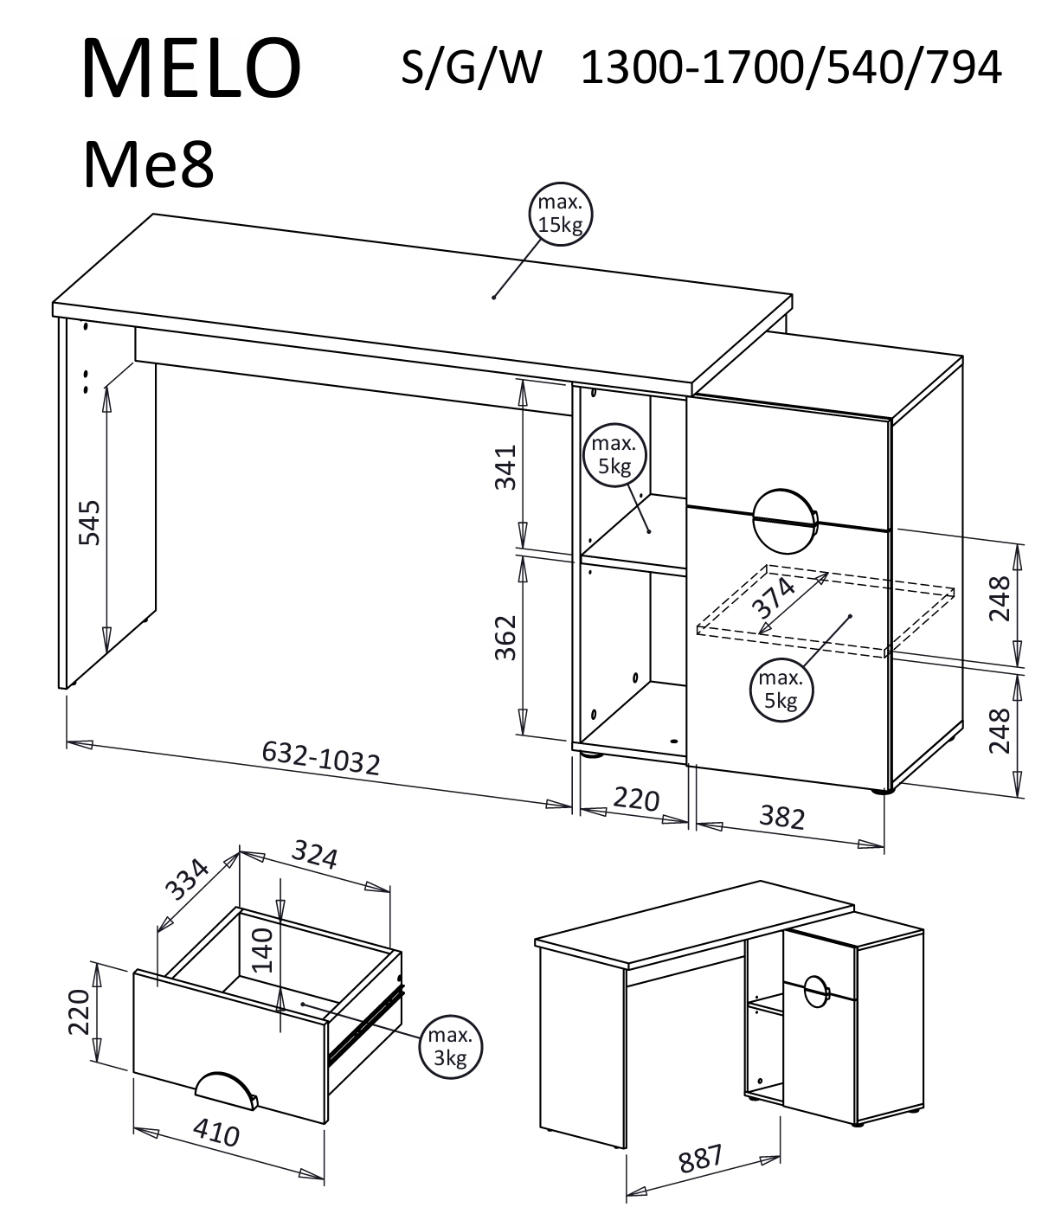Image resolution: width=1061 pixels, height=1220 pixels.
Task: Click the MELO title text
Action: pos(191,67)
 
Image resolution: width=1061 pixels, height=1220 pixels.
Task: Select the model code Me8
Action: pos(149,165)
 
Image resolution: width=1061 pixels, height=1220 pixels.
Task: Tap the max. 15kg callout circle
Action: pos(560,214)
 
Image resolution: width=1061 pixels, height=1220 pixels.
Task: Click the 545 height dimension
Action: pos(90,523)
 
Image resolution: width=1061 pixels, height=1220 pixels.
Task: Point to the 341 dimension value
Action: pos(505,467)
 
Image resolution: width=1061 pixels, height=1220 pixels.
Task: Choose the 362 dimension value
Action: pos(505,637)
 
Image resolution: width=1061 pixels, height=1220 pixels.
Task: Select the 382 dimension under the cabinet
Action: pos(781,818)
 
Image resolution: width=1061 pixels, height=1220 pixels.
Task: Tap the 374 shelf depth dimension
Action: pos(773,598)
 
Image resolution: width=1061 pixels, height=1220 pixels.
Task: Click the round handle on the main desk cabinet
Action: pos(784,521)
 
